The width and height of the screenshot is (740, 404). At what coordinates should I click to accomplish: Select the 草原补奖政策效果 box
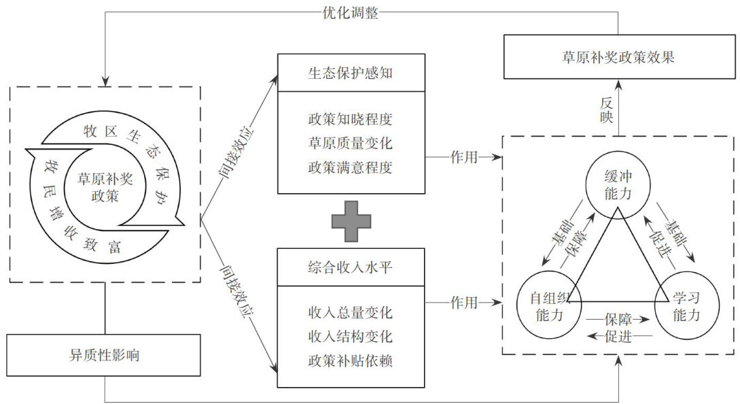tap(618, 58)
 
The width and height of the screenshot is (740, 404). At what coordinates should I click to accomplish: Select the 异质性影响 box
tap(105, 354)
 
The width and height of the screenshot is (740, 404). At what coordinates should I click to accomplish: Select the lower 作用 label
tap(463, 301)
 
